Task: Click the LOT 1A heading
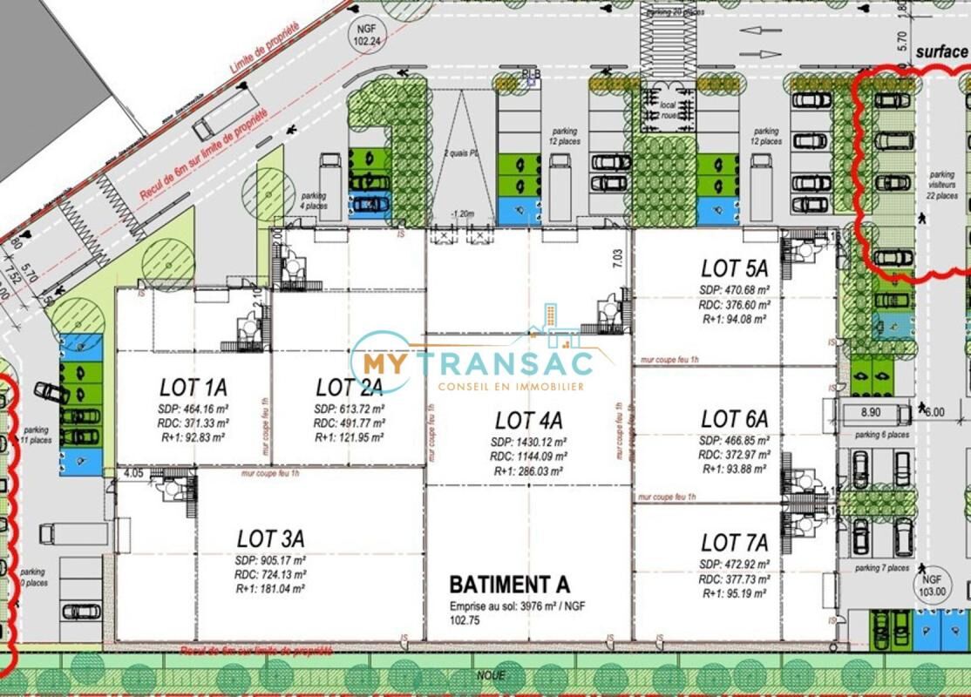coord(193,387)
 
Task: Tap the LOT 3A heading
coord(270,538)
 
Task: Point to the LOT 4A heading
coord(528,421)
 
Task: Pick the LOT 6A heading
coord(734,419)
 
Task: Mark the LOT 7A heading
coord(734,544)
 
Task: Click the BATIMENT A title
coord(509,583)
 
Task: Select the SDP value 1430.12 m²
coord(528,442)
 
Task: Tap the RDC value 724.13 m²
coord(270,574)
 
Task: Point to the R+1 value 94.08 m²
coord(733,319)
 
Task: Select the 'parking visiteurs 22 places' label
coord(942,185)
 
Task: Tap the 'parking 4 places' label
coord(314,201)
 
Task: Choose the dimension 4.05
coord(133,474)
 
